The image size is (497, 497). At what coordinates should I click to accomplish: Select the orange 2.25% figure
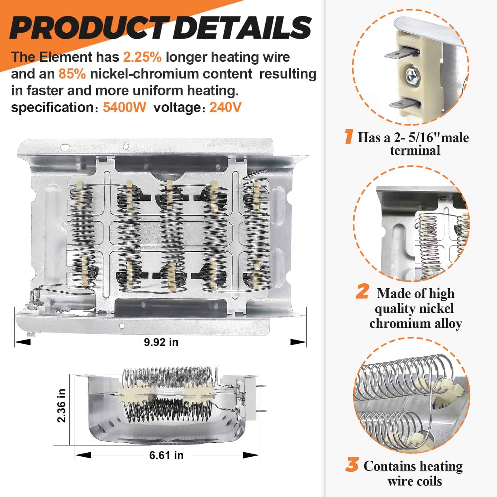[142, 57]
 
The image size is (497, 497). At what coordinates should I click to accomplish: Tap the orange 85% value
[72, 74]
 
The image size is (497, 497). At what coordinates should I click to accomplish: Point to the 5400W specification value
[124, 107]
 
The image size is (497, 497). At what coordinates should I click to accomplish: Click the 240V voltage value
[226, 107]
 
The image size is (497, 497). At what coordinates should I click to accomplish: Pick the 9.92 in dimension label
[161, 342]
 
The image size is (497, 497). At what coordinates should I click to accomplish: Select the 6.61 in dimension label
[166, 455]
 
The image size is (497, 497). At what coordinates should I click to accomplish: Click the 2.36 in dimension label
[62, 406]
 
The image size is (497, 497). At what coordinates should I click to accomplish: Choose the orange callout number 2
[362, 292]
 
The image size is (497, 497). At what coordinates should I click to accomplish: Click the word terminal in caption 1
[415, 151]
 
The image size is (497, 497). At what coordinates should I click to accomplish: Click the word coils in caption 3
[427, 481]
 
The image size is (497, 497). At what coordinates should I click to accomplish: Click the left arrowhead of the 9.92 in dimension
[22, 342]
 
